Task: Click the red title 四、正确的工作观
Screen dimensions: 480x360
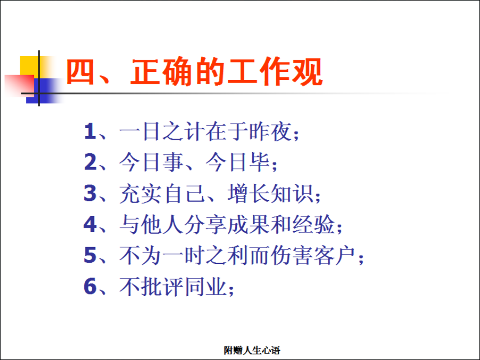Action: tap(194, 71)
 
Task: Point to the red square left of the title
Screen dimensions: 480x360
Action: tap(19, 86)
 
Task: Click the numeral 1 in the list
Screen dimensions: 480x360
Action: tap(90, 131)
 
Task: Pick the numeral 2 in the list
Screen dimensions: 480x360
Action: tap(90, 162)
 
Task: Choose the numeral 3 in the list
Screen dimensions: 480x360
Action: tap(90, 194)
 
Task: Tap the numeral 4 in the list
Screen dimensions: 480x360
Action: tap(90, 225)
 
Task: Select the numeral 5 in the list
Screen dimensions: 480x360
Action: tap(90, 255)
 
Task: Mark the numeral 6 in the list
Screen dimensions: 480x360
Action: tap(90, 286)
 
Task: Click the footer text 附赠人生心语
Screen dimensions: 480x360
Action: tap(252, 350)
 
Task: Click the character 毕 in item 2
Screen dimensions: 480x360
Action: tap(259, 162)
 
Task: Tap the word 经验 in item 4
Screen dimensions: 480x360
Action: tap(314, 225)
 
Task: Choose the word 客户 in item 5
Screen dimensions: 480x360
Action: tap(335, 255)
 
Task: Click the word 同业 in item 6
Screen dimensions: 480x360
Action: tap(206, 286)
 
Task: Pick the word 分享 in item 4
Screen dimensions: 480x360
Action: tap(205, 225)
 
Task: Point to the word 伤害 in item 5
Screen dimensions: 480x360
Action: tap(291, 255)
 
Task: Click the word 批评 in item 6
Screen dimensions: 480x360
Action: tap(162, 286)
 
